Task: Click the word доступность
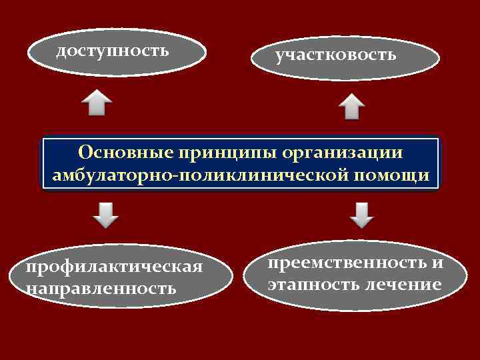point(112,51)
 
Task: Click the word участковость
point(336,55)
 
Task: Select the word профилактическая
point(113,267)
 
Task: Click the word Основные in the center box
point(125,152)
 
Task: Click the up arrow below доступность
point(96,104)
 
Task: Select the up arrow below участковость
point(351,107)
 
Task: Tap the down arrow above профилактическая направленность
point(105,213)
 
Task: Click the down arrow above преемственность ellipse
point(361,214)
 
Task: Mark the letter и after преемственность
point(437,263)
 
